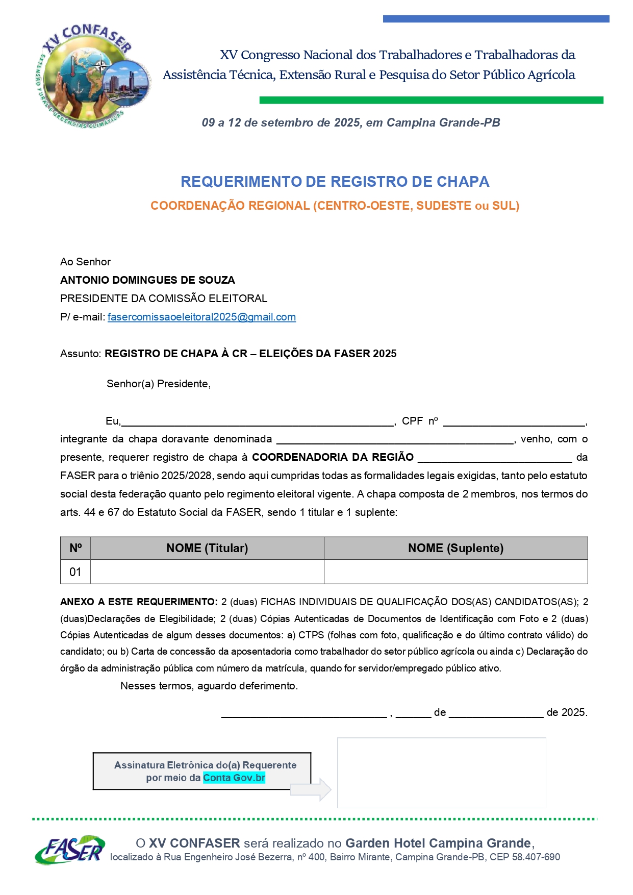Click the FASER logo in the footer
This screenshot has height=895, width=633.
coord(70,850)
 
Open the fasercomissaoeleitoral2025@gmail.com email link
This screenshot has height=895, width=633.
coord(201,317)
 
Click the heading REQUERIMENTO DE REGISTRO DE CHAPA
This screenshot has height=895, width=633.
coord(335,182)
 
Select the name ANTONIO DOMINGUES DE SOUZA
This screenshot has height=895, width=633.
coord(147,280)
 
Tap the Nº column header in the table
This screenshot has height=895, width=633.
coord(75,548)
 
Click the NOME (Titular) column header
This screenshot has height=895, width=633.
coord(207,548)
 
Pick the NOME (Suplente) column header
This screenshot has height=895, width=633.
coord(455,548)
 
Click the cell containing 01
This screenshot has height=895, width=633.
coord(75,572)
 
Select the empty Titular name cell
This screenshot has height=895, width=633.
coord(207,572)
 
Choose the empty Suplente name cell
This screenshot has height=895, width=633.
coord(455,572)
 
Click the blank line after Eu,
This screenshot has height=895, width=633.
coord(258,422)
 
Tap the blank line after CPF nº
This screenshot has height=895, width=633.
coord(514,422)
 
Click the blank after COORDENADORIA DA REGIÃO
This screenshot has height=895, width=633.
coord(495,458)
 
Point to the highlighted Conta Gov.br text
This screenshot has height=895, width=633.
coord(234,778)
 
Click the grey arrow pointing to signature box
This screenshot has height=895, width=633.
coord(312,789)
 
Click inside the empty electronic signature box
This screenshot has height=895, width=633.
coord(441,773)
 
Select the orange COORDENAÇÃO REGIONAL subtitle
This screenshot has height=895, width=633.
coord(335,206)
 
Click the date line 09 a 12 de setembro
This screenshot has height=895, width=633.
coord(351,122)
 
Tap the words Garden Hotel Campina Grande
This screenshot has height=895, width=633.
coord(438,843)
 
